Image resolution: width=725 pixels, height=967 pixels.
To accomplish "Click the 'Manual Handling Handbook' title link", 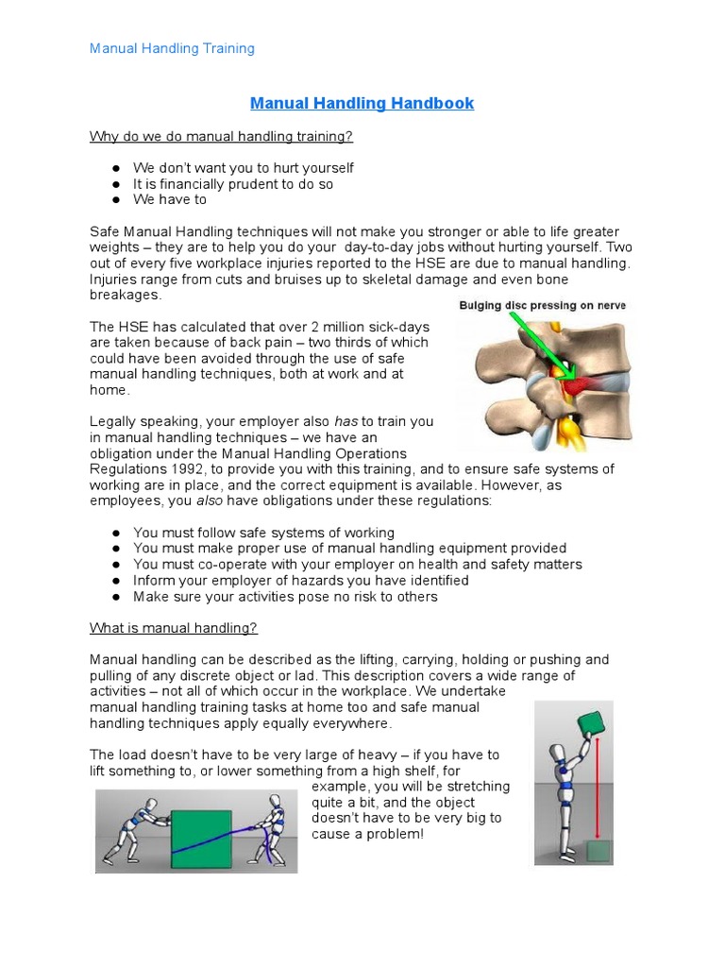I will [362, 103].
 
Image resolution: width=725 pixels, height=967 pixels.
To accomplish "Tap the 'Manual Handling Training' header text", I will [172, 48].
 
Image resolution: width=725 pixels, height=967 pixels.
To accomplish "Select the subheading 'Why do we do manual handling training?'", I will [221, 136].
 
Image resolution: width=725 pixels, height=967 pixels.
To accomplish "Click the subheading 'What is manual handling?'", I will [173, 628].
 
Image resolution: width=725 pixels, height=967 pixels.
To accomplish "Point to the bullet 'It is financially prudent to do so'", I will [233, 184].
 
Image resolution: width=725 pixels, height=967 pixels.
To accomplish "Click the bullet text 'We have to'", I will [170, 199].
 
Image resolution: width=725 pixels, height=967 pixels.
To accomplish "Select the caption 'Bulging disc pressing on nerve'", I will [542, 306].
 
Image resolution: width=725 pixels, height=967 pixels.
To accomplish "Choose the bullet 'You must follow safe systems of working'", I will [263, 533].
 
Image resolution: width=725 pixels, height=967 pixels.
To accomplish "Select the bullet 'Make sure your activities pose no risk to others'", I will [285, 597].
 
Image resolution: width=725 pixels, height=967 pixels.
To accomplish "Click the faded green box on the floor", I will [598, 851].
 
